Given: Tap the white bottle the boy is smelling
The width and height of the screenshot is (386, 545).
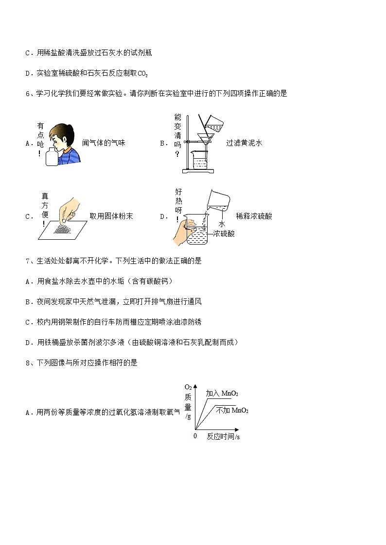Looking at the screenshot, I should click(52, 157).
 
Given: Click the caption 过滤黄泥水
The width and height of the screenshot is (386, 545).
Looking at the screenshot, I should click(244, 143).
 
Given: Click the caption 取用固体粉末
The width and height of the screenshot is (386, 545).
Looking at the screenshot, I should click(111, 216).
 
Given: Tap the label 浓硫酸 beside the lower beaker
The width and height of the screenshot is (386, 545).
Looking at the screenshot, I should click(224, 234).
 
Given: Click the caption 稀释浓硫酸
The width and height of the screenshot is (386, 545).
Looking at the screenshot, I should click(254, 216).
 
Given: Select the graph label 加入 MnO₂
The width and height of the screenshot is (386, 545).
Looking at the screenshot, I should click(222, 394).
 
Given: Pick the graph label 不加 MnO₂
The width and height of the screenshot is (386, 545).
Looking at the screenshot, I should click(232, 411).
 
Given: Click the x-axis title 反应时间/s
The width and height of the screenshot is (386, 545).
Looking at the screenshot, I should click(223, 437).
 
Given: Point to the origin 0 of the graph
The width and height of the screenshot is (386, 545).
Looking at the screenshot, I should click(195, 436).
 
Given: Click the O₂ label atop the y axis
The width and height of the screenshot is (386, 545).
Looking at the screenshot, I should click(188, 387).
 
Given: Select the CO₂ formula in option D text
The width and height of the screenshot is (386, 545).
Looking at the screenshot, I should click(142, 74).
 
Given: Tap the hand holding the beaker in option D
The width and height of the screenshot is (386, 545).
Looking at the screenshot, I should click(182, 232).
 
